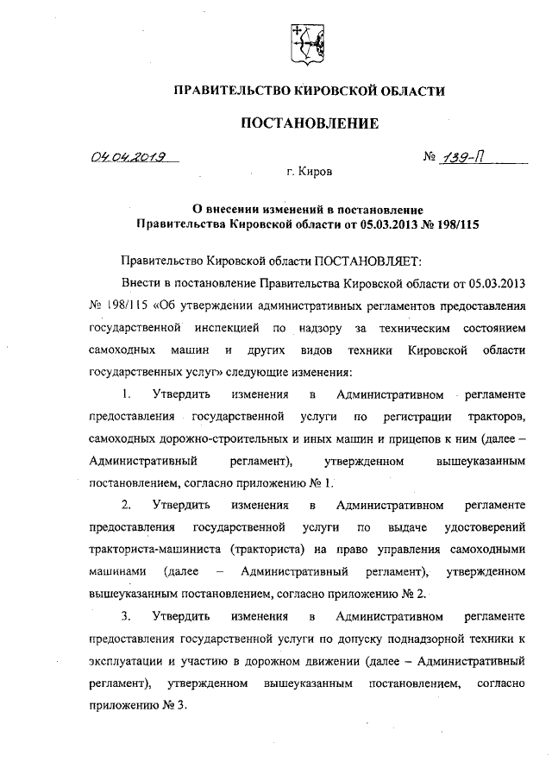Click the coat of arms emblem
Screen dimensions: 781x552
pos(305,44)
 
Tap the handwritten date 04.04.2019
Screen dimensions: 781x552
pos(129,158)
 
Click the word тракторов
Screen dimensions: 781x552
pos(493,418)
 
